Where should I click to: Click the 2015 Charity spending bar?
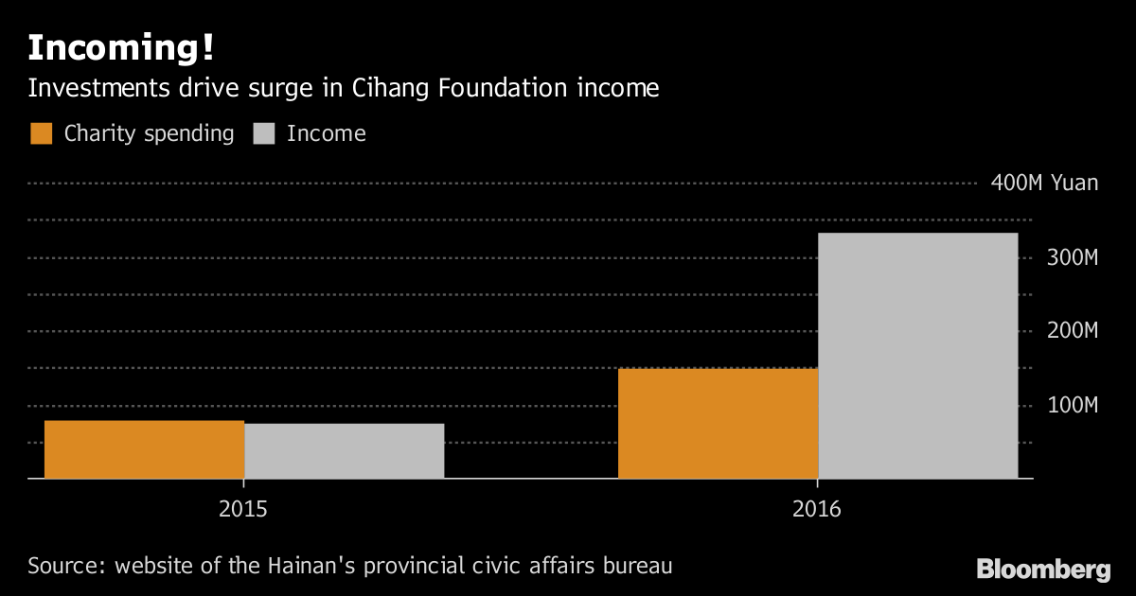click(144, 449)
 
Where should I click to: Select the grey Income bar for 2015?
click(344, 451)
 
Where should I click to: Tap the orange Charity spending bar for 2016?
click(718, 423)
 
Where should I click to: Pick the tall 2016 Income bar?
click(917, 356)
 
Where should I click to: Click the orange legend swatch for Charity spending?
click(42, 133)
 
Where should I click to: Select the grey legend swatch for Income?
click(264, 133)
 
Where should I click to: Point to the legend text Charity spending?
click(149, 133)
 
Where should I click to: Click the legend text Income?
click(326, 133)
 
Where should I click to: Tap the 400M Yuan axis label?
click(1044, 183)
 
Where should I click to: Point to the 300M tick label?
click(1071, 257)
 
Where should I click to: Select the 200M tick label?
click(1071, 331)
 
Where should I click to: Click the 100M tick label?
click(1071, 405)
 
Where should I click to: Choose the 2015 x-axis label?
click(243, 509)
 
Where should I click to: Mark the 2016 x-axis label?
click(817, 509)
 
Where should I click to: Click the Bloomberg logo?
click(1043, 570)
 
